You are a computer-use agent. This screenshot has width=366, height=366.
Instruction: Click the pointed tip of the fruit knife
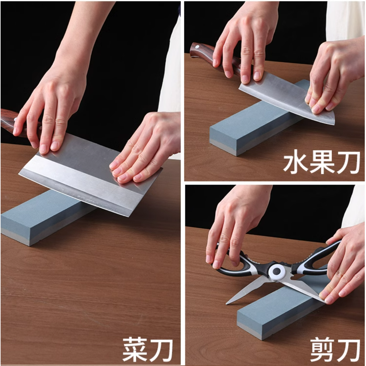pyautogui.click(x=334, y=124)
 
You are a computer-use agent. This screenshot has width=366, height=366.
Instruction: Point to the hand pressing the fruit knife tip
pyautogui.click(x=334, y=76)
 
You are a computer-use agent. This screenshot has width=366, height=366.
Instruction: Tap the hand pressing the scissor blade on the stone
pyautogui.click(x=342, y=270)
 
